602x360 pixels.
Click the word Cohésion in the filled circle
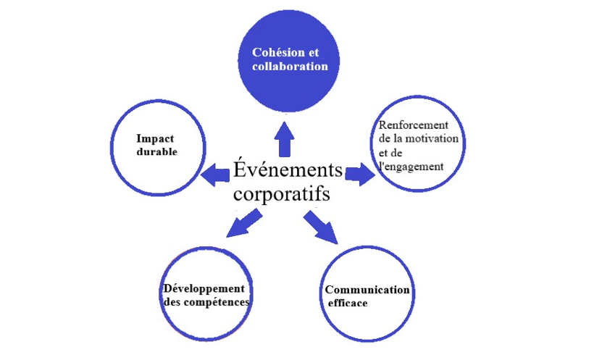[274, 53]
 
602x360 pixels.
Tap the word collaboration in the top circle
[290, 66]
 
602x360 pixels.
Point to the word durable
[157, 152]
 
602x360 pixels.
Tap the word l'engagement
[411, 166]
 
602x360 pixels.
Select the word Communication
[367, 290]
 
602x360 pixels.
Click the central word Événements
[288, 171]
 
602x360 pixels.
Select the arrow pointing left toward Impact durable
[214, 173]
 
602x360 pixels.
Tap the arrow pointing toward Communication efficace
[321, 225]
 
